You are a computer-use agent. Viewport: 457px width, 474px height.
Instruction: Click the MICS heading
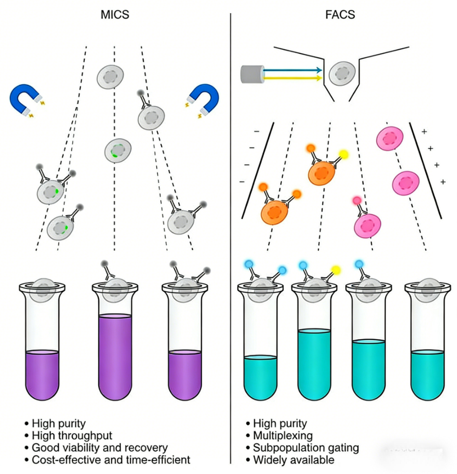tap(114, 15)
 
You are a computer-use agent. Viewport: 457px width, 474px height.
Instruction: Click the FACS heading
tap(340, 15)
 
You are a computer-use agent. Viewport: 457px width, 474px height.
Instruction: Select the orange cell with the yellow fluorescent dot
tap(322, 171)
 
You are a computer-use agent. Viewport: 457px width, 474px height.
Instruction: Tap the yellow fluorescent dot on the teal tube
tap(335, 269)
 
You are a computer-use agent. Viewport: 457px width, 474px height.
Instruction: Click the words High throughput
tap(72, 435)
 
